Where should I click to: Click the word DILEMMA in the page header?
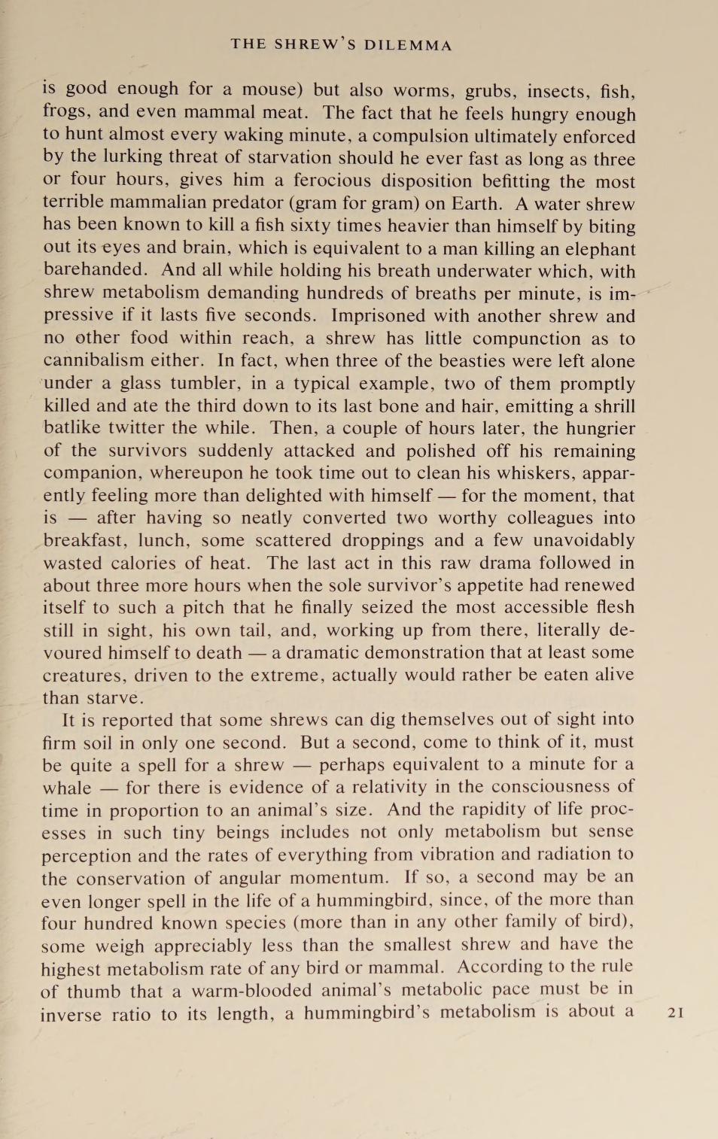pyautogui.click(x=408, y=45)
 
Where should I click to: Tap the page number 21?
pyautogui.click(x=676, y=1013)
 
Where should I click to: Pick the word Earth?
pyautogui.click(x=477, y=203)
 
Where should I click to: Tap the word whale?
pyautogui.click(x=66, y=788)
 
